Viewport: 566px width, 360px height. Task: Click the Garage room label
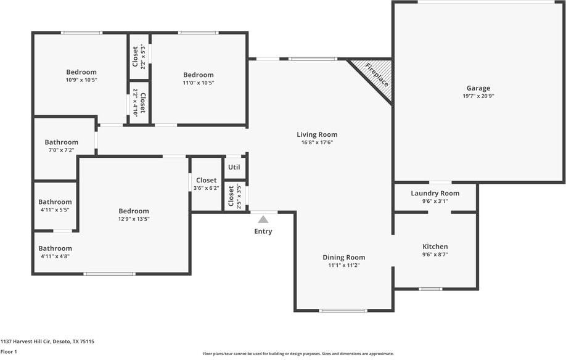[x=478, y=88]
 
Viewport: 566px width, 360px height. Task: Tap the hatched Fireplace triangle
[x=377, y=76]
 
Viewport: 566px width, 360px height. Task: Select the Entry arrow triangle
[x=263, y=219]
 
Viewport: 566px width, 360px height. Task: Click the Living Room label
[x=317, y=134]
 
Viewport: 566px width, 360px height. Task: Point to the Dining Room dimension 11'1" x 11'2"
[x=343, y=265]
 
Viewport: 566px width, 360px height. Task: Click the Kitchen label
[x=435, y=247]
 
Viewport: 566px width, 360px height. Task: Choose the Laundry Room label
[x=435, y=193]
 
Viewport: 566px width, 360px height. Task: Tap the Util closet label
[x=234, y=167]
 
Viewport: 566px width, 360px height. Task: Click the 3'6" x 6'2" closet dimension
[x=206, y=188]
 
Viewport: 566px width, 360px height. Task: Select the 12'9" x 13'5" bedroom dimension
[x=134, y=219]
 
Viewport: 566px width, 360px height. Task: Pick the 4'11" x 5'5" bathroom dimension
[x=55, y=210]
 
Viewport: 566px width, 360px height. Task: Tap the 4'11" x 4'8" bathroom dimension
[x=55, y=256]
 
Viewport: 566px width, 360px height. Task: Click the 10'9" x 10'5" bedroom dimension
[x=81, y=80]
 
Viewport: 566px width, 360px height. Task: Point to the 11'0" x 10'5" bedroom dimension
[x=199, y=83]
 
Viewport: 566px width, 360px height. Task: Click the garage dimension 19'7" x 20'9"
[x=478, y=96]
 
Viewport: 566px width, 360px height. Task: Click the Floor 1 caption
[x=9, y=351]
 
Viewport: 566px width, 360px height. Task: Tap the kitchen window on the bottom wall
[x=430, y=288]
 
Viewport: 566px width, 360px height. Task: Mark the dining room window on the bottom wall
[x=343, y=310]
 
